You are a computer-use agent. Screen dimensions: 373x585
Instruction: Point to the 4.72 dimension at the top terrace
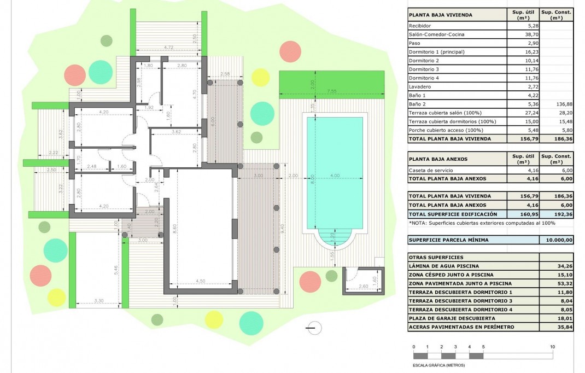tap(169, 48)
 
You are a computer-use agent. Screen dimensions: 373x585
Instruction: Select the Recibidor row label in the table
tap(420, 26)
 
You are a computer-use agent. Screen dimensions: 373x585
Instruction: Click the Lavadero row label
tap(419, 86)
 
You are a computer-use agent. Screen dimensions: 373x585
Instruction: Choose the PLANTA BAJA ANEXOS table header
tap(438, 159)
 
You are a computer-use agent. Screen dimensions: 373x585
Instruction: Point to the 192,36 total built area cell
tap(556, 214)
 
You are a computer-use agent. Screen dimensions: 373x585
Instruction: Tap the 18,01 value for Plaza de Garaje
tap(556, 318)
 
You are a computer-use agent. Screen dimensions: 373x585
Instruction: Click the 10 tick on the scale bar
tap(553, 347)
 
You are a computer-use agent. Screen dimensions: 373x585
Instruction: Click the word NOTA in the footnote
tap(419, 223)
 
